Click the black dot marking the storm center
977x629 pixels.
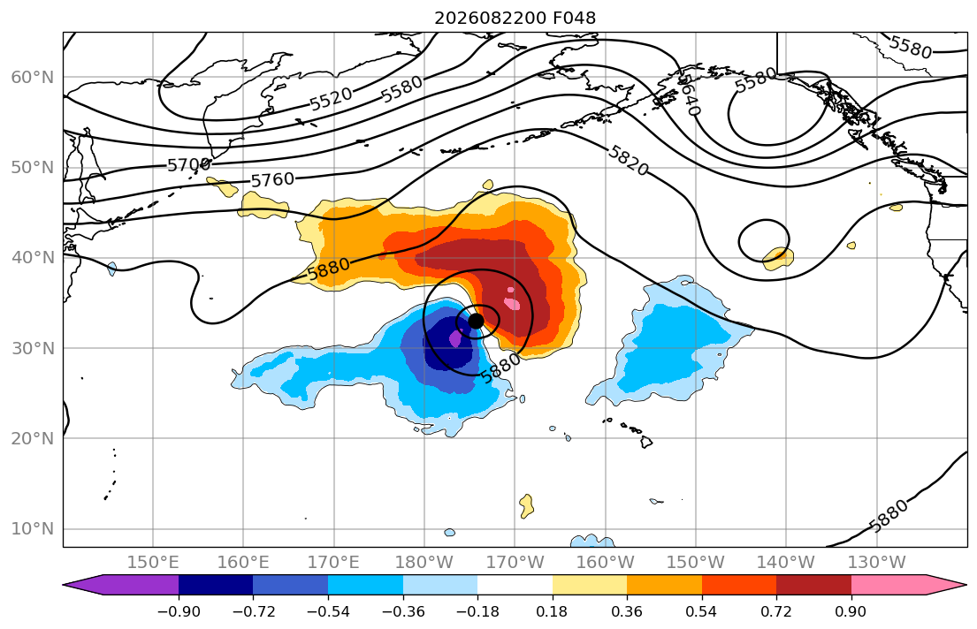[476, 321]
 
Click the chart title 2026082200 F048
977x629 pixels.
[515, 18]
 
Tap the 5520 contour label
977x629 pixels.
[331, 99]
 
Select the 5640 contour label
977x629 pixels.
[690, 95]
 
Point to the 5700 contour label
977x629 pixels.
[189, 165]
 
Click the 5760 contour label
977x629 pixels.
[272, 180]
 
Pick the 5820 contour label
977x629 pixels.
[629, 161]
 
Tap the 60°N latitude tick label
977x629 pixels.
[33, 77]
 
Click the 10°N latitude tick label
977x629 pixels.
[33, 529]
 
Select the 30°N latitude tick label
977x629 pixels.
[33, 348]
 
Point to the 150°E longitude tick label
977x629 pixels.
[153, 563]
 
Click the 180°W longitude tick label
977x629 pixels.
[424, 563]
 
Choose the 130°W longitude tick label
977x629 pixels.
[877, 563]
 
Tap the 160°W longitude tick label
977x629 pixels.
[605, 563]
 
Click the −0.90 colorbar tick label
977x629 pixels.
[179, 611]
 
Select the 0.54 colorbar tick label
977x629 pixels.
[702, 611]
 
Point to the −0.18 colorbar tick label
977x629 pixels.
[477, 611]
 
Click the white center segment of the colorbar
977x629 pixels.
[515, 585]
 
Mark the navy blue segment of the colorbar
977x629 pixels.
[216, 585]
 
